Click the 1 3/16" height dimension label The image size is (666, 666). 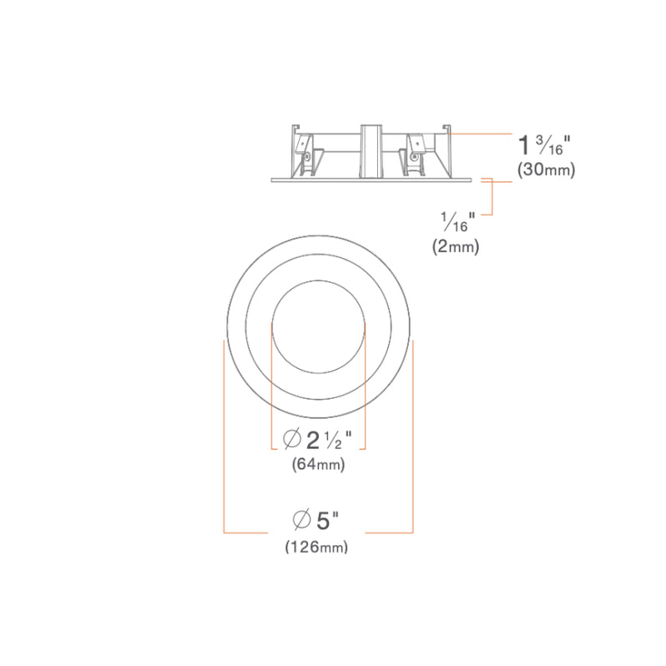point(544,144)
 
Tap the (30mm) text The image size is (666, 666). point(546,169)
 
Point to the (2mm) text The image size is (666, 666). point(456,246)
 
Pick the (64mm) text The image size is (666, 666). point(319,464)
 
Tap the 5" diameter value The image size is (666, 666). point(327,522)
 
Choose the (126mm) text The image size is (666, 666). point(316,547)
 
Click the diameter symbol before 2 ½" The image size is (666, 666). point(292,438)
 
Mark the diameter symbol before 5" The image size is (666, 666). point(301,522)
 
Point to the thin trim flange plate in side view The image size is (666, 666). point(372,179)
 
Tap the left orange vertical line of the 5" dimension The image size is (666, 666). point(224,434)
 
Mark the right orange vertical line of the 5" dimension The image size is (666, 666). point(413,434)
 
